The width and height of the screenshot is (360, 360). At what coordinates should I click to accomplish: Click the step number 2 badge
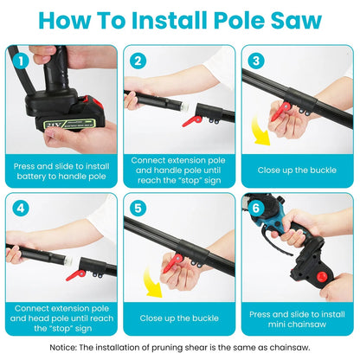[x=137, y=61]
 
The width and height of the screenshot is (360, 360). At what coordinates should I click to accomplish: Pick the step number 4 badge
[x=21, y=209]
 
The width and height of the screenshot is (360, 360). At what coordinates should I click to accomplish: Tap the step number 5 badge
[x=137, y=209]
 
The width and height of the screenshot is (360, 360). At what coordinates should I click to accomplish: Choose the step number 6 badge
[x=254, y=209]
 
